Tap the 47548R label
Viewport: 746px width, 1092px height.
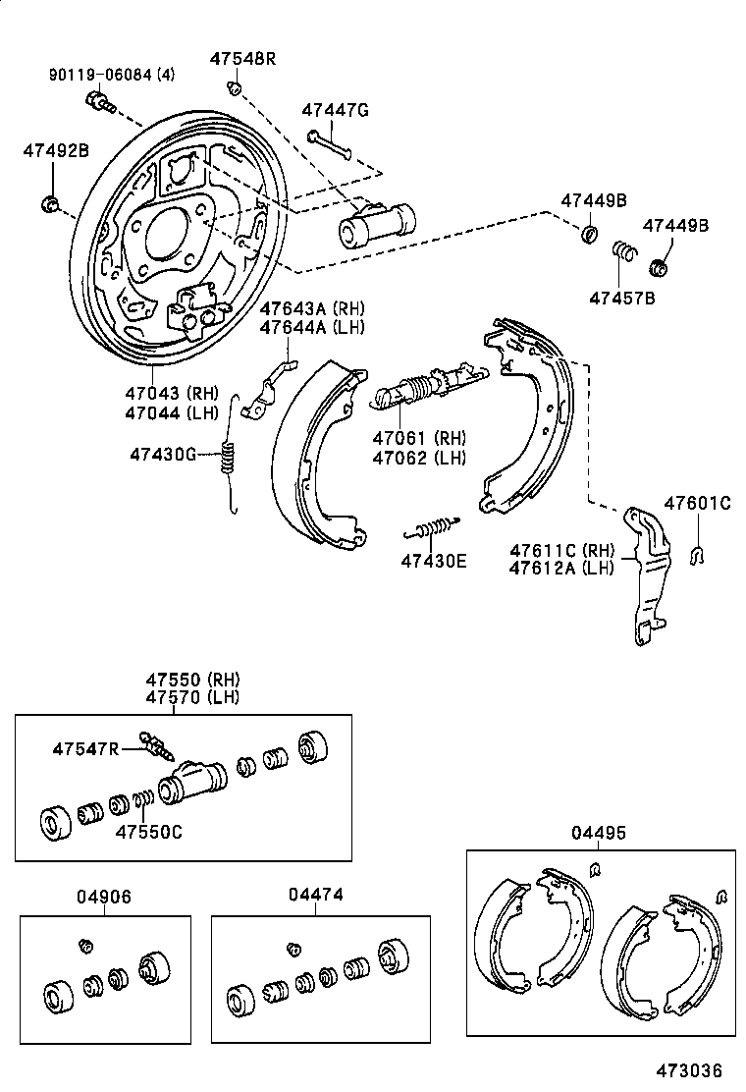[242, 59]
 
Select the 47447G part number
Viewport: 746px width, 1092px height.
[335, 110]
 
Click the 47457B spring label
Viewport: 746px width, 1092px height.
[621, 298]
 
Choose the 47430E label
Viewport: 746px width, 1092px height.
[434, 561]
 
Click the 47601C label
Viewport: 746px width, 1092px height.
[697, 504]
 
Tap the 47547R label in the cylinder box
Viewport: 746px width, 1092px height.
[85, 749]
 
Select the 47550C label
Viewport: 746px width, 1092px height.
[149, 832]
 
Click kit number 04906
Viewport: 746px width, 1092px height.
[104, 897]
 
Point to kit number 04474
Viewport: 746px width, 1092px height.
[316, 895]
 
